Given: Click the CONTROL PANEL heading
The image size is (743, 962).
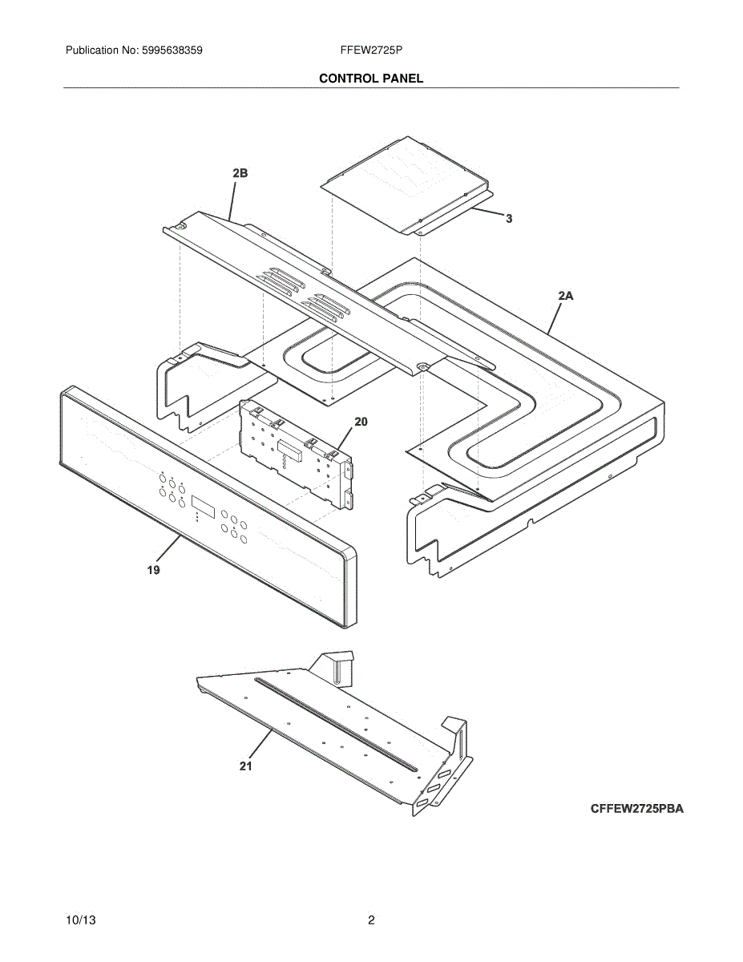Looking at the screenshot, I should pos(371,79).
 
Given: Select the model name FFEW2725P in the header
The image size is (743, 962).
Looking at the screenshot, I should pos(371,51).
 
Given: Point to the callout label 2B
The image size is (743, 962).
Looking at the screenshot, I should pos(240,173).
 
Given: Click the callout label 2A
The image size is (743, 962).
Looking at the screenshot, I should pos(566,296).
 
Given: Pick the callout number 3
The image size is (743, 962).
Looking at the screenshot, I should pos(508,218).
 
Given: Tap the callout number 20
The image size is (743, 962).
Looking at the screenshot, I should pos(361,422).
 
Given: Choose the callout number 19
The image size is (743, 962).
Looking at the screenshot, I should pos(153,570).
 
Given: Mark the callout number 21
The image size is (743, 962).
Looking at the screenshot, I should pos(245,766).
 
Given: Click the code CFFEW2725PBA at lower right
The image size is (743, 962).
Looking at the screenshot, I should pos(637,809).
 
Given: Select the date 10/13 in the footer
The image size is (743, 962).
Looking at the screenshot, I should pos(80,920).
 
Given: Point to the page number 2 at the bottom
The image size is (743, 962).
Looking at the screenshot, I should pos(371,920).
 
